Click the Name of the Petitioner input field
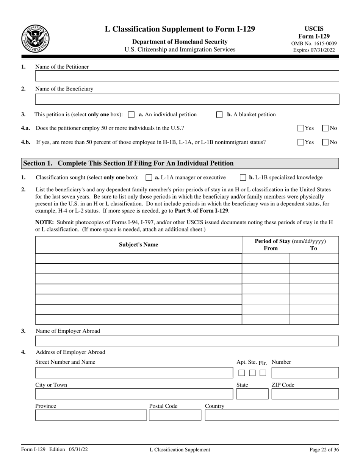tap(187, 76)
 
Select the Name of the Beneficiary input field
tap(187, 99)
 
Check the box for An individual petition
tap(131, 114)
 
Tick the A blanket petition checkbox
tap(219, 114)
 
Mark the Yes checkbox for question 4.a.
tap(301, 128)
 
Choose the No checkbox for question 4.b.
tap(326, 142)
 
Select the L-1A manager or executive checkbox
tap(149, 177)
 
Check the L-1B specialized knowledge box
tap(243, 177)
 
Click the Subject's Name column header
tap(138, 245)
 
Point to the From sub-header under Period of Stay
tap(271, 249)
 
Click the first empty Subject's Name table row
tap(138, 258)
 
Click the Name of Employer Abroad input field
tap(187, 341)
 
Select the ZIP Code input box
tap(305, 394)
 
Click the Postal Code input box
tap(175, 415)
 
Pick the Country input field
tap(272, 415)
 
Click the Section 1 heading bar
tap(180, 163)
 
